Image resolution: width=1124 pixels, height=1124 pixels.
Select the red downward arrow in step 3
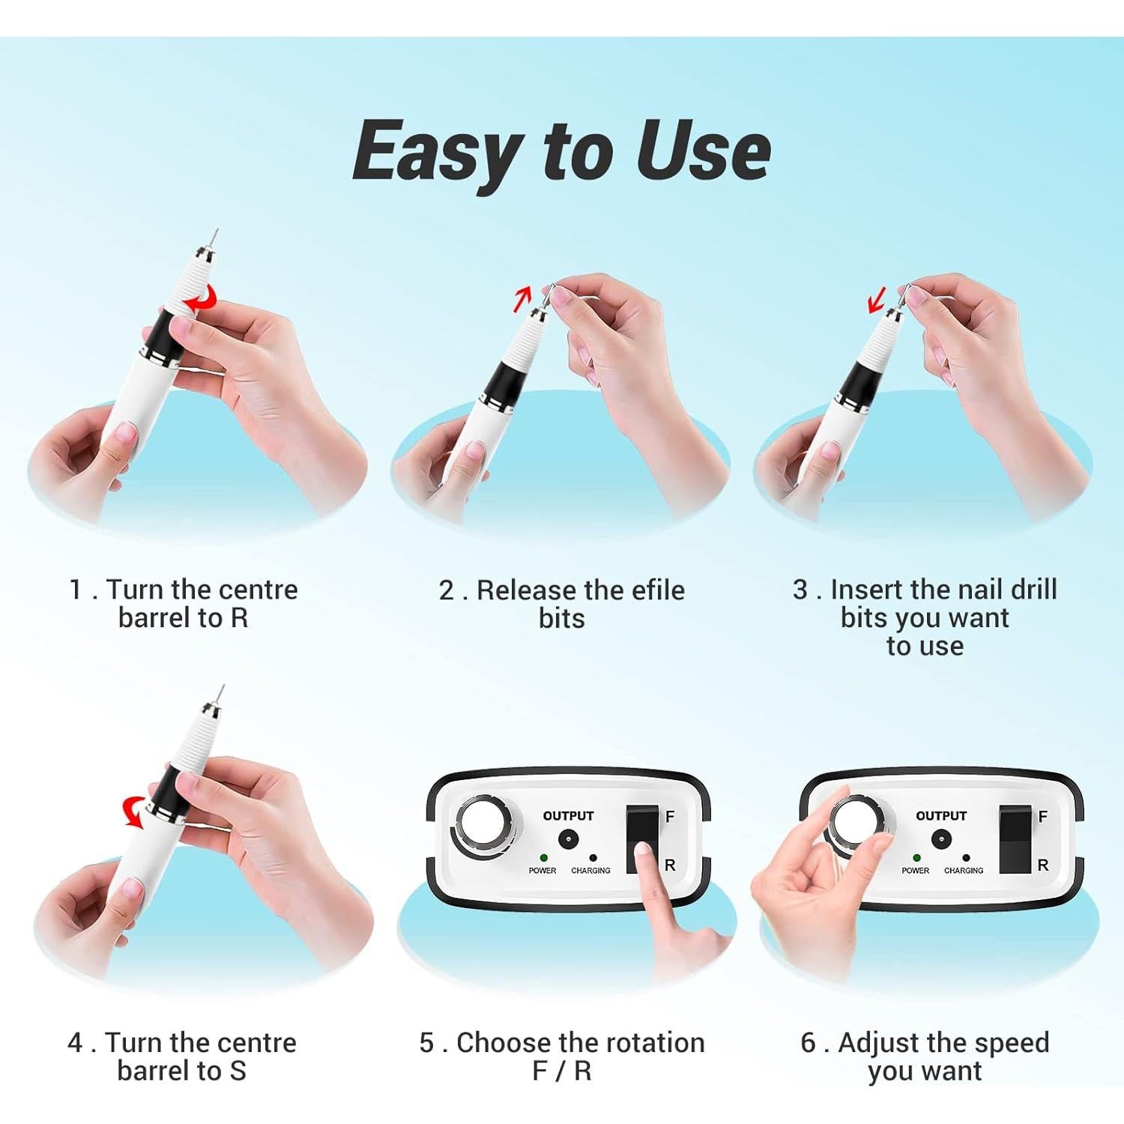(x=875, y=300)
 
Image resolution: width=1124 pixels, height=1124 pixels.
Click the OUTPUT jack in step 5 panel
(x=568, y=839)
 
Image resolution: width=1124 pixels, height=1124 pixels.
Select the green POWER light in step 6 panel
(x=916, y=858)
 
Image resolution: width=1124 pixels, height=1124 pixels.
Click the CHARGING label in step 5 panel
(x=590, y=871)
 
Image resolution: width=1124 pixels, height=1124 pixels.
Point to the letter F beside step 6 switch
(x=1042, y=817)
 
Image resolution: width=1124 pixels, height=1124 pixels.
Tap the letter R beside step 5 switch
(x=670, y=865)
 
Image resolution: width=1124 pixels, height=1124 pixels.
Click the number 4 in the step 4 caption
(x=75, y=1042)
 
